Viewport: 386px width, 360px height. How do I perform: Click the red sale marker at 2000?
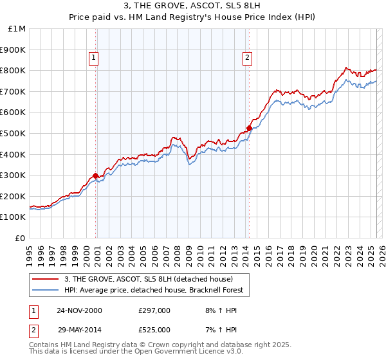point(96,175)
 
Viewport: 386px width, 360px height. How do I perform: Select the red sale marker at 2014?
point(249,128)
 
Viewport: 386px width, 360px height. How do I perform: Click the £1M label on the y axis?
point(17,28)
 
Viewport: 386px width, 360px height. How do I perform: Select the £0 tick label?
point(21,238)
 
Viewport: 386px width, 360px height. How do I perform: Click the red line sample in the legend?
point(46,280)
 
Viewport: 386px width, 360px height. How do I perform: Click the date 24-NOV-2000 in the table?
point(78,310)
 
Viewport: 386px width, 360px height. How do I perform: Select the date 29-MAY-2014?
point(78,330)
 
